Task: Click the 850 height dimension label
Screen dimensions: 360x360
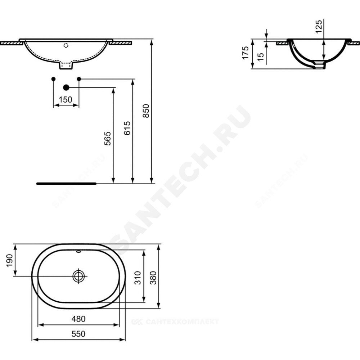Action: click(x=146, y=111)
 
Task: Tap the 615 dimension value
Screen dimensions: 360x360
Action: click(x=127, y=128)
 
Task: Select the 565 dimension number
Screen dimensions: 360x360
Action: click(x=108, y=138)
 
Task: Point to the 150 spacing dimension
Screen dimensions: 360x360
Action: click(x=66, y=100)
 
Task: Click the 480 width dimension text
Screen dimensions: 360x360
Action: click(x=78, y=319)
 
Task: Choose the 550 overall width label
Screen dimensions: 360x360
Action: click(x=78, y=334)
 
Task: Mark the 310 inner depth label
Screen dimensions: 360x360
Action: click(x=138, y=278)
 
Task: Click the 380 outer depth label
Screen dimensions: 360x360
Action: click(x=153, y=278)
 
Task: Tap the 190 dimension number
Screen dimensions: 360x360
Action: click(x=9, y=261)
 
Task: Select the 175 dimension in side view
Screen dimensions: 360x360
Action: click(x=246, y=53)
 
